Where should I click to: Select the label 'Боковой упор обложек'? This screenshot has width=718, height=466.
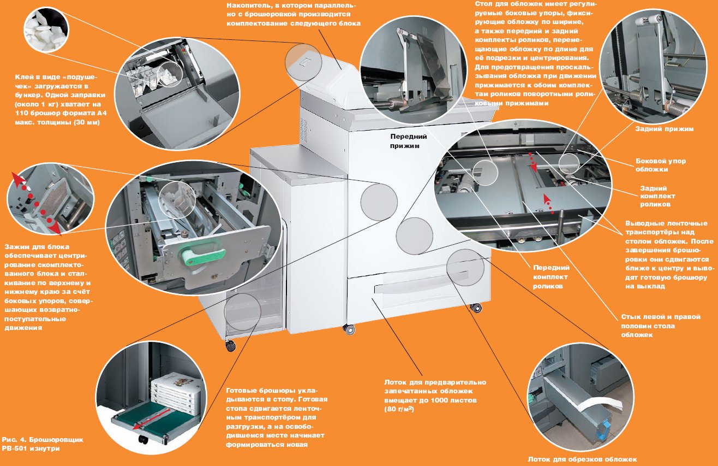(661, 166)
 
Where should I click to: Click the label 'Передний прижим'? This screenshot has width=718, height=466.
(408, 141)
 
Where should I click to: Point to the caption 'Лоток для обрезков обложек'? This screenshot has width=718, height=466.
(582, 459)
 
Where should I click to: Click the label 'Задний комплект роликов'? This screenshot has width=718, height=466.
(657, 196)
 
